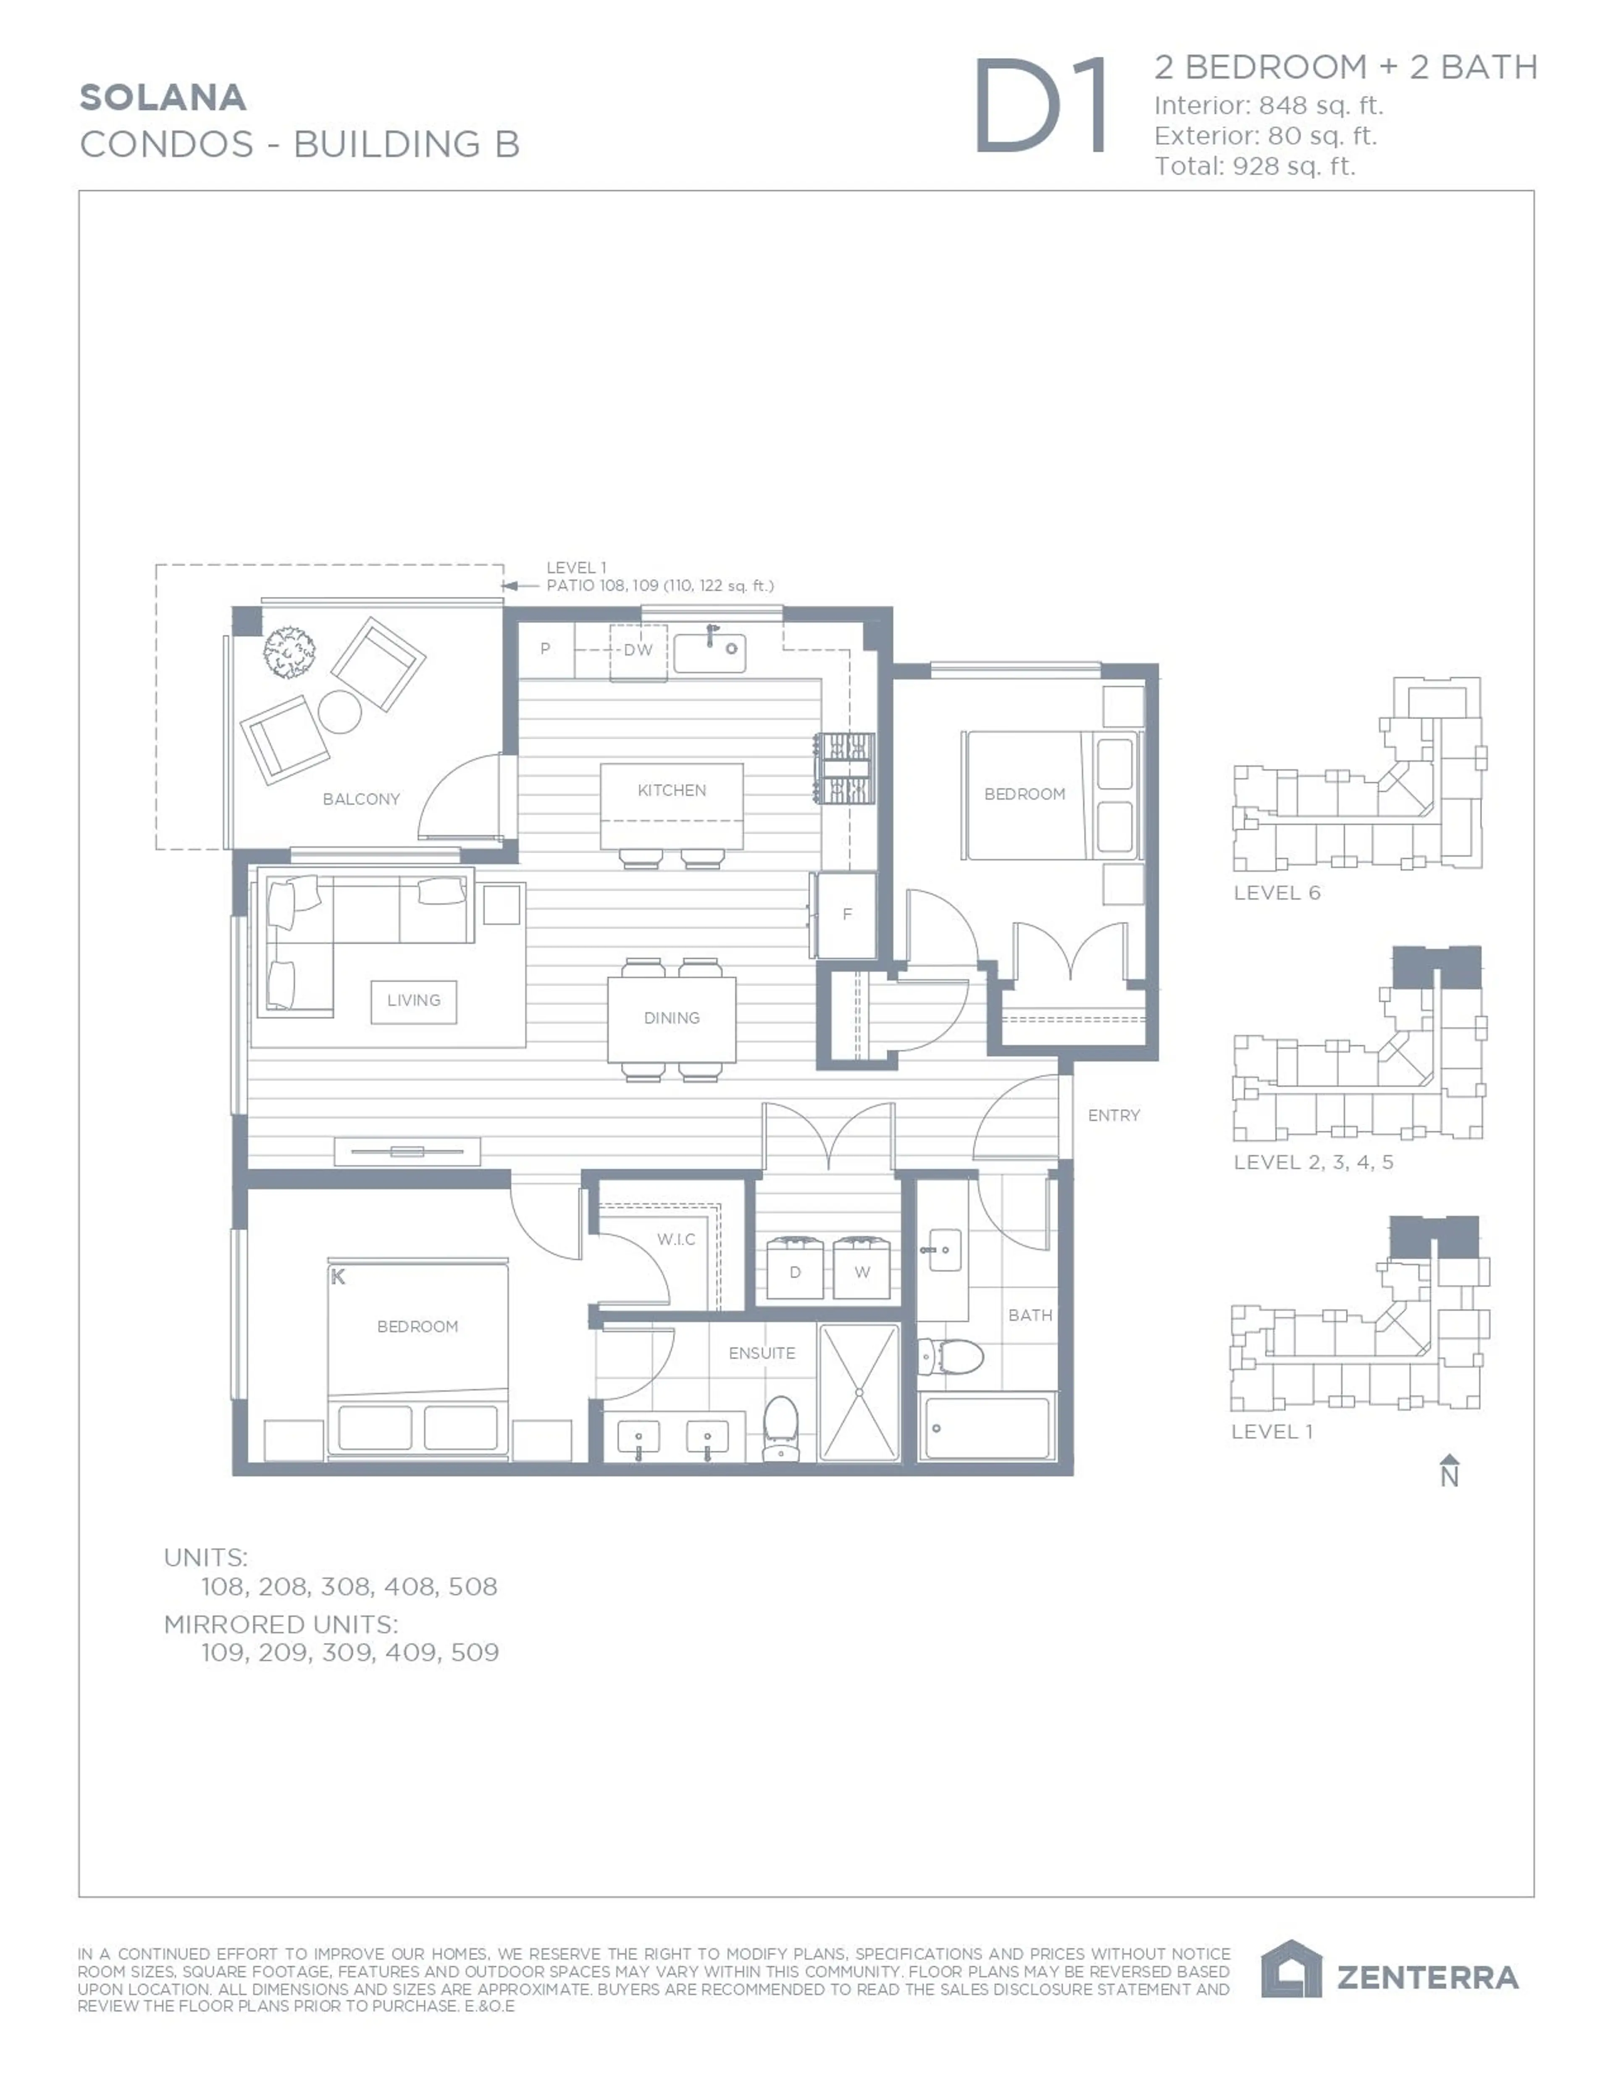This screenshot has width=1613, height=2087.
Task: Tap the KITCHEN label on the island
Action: [672, 790]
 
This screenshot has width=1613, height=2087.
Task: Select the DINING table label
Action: [672, 1018]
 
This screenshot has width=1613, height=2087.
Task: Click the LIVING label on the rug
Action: [414, 1000]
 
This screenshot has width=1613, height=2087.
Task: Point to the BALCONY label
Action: [361, 799]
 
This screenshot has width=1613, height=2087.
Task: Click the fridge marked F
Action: [847, 914]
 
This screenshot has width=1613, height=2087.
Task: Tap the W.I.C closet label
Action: [677, 1239]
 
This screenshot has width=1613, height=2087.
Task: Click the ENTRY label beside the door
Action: [1113, 1115]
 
